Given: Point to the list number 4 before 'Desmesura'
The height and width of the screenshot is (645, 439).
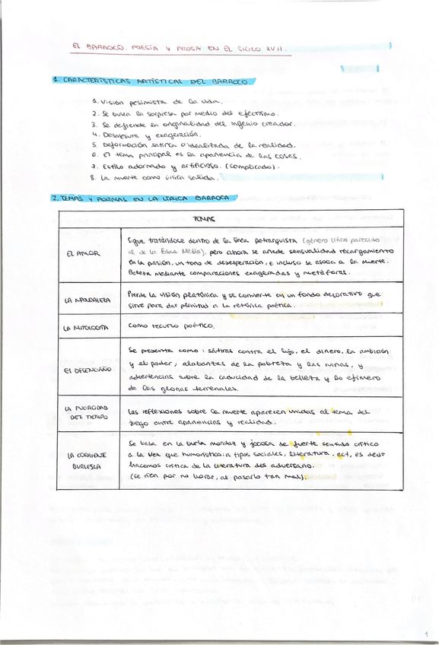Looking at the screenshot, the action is pos(93,134).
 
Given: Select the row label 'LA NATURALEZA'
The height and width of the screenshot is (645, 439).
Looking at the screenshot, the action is pos(88,300).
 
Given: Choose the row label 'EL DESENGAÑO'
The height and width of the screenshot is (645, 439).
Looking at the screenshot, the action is pos(87,370).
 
